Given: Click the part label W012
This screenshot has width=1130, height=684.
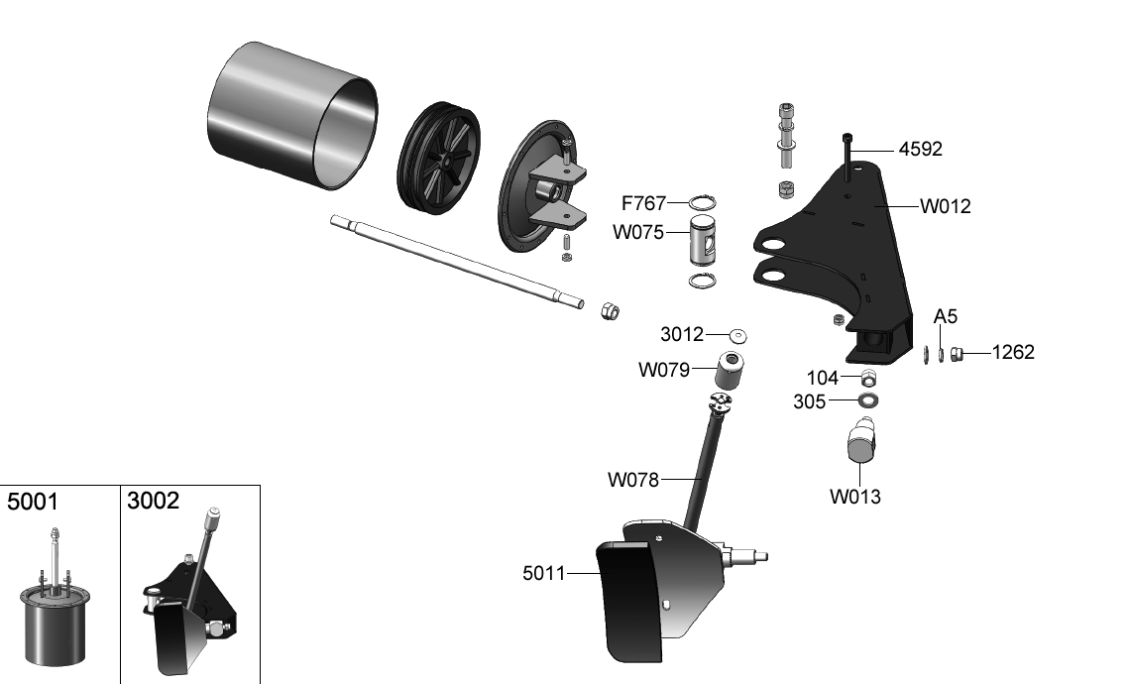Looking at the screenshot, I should pyautogui.click(x=945, y=207).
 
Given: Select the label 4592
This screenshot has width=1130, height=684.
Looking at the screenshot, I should pyautogui.click(x=920, y=150).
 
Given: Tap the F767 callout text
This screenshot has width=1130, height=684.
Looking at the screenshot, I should pyautogui.click(x=644, y=204).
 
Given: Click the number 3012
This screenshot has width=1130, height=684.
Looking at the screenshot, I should pyautogui.click(x=682, y=334).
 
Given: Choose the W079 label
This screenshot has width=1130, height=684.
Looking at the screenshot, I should pyautogui.click(x=664, y=371).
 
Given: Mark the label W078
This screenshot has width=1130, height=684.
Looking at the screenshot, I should pyautogui.click(x=633, y=480).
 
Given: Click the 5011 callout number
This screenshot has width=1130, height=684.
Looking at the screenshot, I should pyautogui.click(x=544, y=573).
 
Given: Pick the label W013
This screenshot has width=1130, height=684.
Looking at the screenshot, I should pyautogui.click(x=855, y=497).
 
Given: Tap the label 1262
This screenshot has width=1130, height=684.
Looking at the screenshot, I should pyautogui.click(x=1013, y=352).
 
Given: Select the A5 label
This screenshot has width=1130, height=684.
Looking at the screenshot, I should pyautogui.click(x=946, y=317).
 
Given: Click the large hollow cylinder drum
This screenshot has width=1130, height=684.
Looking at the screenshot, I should pyautogui.click(x=292, y=114).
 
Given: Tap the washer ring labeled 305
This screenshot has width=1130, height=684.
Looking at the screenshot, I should pyautogui.click(x=869, y=401).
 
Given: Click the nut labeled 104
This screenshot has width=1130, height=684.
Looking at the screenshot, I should pyautogui.click(x=868, y=378).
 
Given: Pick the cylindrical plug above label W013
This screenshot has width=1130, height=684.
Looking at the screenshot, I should pyautogui.click(x=860, y=441).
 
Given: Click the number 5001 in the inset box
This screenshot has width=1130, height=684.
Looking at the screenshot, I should pyautogui.click(x=33, y=502).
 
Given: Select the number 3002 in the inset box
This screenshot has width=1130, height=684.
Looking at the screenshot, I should pyautogui.click(x=153, y=501).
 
